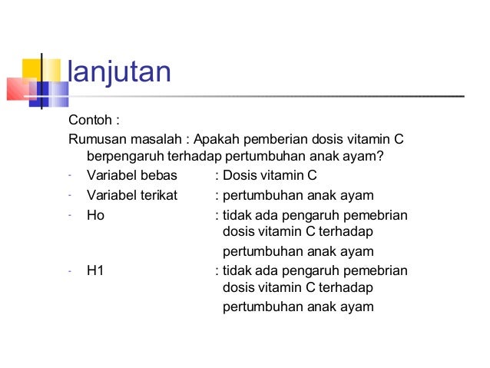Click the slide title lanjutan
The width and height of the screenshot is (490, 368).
pos(119,73)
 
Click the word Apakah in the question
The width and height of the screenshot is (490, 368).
pos(218,139)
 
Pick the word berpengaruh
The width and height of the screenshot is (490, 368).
pos(123,157)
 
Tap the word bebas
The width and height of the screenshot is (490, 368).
pos(159,176)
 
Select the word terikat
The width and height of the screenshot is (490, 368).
pos(157,195)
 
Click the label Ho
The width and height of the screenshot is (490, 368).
pos(95,215)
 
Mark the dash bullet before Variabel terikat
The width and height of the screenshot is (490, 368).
pos(69,194)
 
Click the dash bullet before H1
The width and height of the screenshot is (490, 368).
pos(69,270)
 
